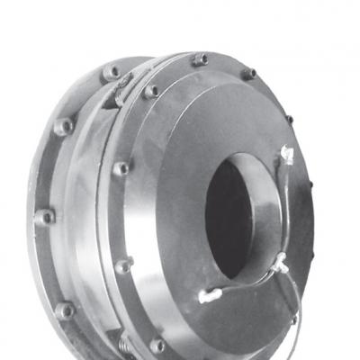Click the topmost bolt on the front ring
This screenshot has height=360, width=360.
pyautogui.click(x=200, y=59)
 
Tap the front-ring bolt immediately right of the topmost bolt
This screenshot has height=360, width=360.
pyautogui.click(x=248, y=73)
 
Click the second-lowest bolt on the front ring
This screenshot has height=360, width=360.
pyautogui.click(x=124, y=265)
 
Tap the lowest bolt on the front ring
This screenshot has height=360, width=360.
pyautogui.click(x=157, y=343)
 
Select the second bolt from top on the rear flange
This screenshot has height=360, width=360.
pyautogui.click(x=63, y=125)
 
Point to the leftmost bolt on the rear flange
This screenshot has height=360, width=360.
pyautogui.click(x=42, y=217)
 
